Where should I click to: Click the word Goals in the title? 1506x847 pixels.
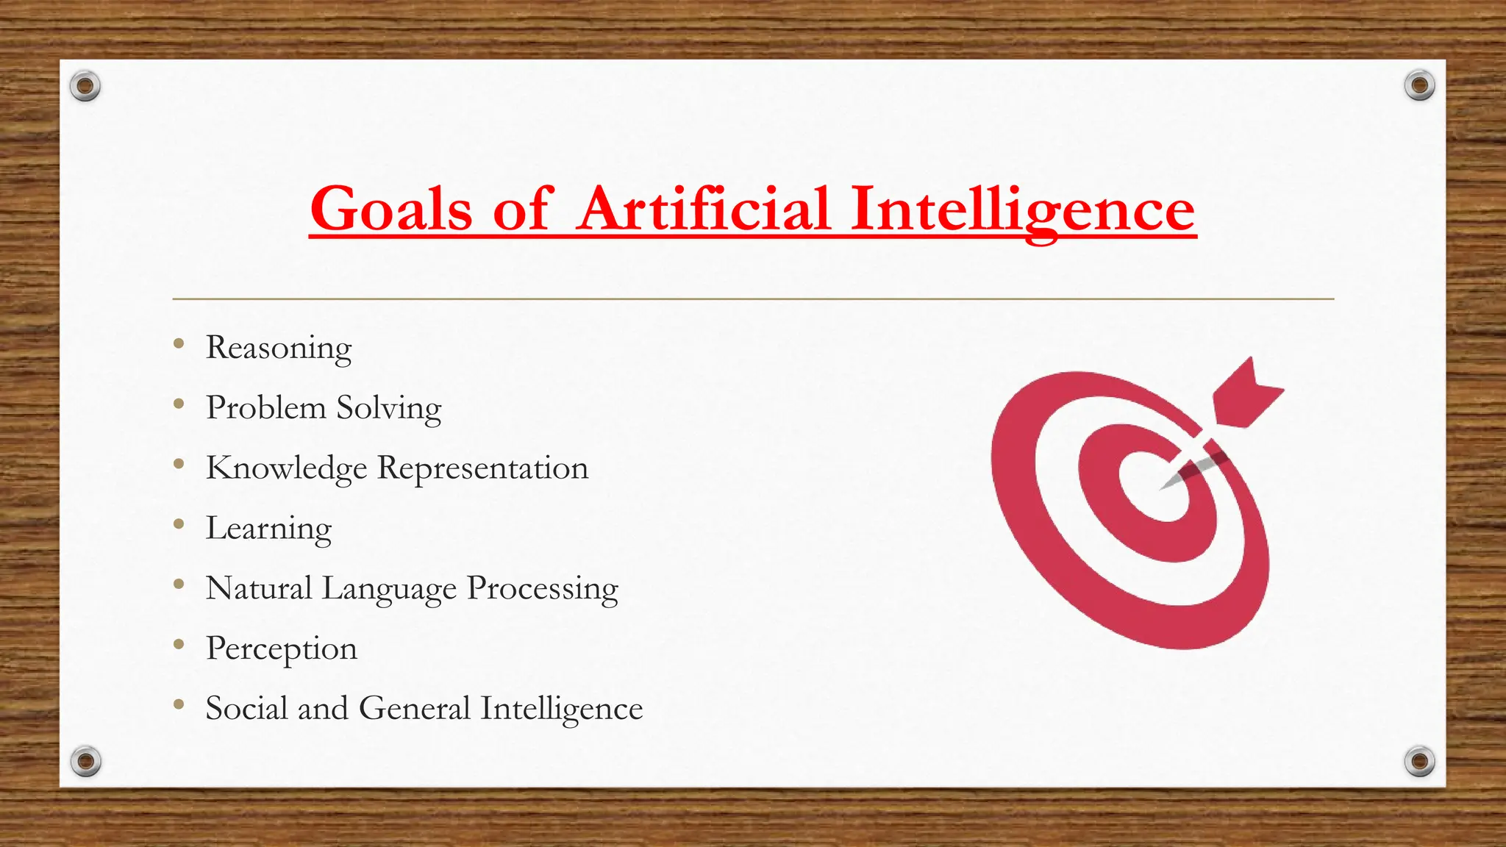pos(390,209)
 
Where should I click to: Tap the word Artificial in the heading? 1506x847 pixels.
pos(704,209)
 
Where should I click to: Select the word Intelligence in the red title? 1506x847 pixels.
pos(1023,210)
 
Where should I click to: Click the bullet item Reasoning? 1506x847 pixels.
pos(279,348)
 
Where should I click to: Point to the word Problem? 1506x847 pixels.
pos(265,407)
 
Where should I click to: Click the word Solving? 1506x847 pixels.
pos(389,409)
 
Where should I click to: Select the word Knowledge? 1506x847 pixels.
pos(286,468)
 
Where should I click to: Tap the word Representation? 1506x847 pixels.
pos(482,468)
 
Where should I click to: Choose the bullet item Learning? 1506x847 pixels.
pos(268,529)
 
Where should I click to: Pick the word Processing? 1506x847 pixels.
pos(543,589)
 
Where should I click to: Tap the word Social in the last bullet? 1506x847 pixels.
pos(246,708)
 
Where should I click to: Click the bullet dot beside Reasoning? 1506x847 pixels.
pos(179,343)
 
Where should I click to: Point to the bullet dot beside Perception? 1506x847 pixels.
pos(179,644)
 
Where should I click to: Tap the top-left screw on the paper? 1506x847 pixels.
pos(85,86)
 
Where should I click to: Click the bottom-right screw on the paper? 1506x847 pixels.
pos(1419,760)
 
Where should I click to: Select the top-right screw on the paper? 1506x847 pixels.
pos(1419,86)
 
